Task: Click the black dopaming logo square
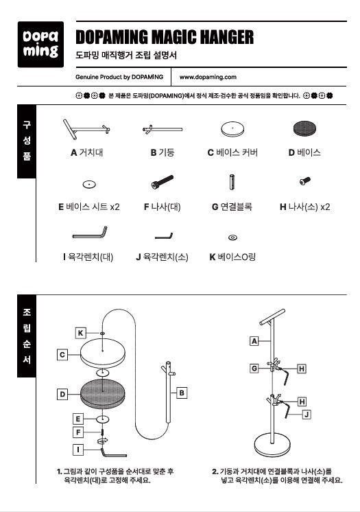tap(40, 45)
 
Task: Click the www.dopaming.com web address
tap(208, 77)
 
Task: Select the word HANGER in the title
tap(226, 37)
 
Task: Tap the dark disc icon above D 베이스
tap(305, 128)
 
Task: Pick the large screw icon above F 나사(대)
tap(163, 182)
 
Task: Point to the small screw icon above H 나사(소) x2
tap(305, 181)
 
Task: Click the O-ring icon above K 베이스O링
tap(232, 237)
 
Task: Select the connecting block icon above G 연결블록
tap(232, 182)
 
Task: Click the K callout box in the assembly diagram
tap(80, 333)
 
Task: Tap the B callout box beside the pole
tap(182, 393)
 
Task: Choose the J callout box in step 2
tap(306, 415)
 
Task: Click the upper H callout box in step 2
tap(302, 369)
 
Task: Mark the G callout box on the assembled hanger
tap(254, 369)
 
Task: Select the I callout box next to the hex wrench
tap(78, 450)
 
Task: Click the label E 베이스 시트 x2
tap(88, 207)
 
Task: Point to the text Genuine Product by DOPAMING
tap(119, 77)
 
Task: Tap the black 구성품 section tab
tap(27, 141)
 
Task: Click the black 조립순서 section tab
tap(27, 336)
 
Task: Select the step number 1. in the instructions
tap(60, 472)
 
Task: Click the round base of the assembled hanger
tap(272, 445)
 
